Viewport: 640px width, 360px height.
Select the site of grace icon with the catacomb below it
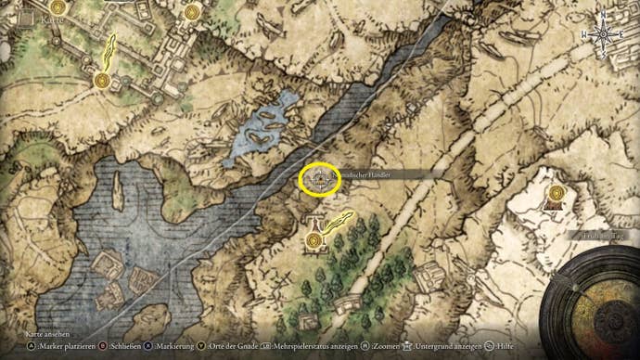click(x=556, y=193)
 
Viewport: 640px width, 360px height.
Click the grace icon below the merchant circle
click(x=316, y=240)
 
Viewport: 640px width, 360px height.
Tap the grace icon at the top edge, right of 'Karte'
click(x=192, y=11)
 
